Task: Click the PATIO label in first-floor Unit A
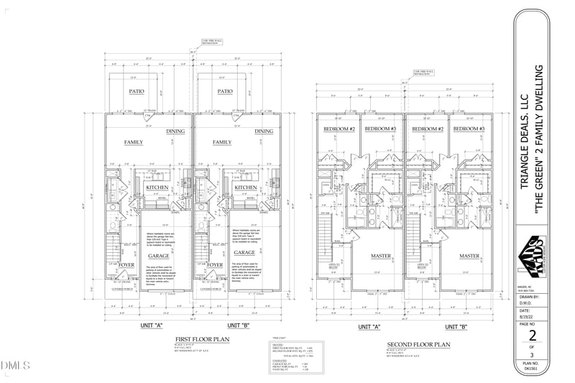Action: click(137, 91)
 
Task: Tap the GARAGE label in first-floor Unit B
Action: click(244, 253)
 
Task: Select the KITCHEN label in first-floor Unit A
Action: click(157, 188)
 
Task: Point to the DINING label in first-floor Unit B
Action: click(264, 131)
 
